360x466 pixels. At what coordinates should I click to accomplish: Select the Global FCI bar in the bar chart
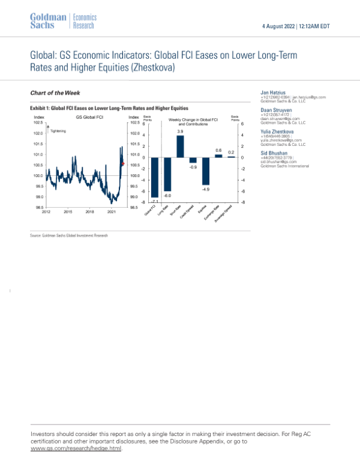click(x=154, y=177)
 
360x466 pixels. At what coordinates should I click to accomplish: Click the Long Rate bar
click(x=167, y=174)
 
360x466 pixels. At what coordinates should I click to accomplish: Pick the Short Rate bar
click(x=180, y=147)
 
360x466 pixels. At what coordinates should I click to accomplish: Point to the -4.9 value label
click(x=205, y=189)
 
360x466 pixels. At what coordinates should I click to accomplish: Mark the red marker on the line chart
click(x=122, y=163)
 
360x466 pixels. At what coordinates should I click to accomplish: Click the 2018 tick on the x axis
click(x=89, y=212)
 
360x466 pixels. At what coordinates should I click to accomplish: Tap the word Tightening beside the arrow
click(x=58, y=130)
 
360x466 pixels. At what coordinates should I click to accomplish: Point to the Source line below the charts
click(x=69, y=236)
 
